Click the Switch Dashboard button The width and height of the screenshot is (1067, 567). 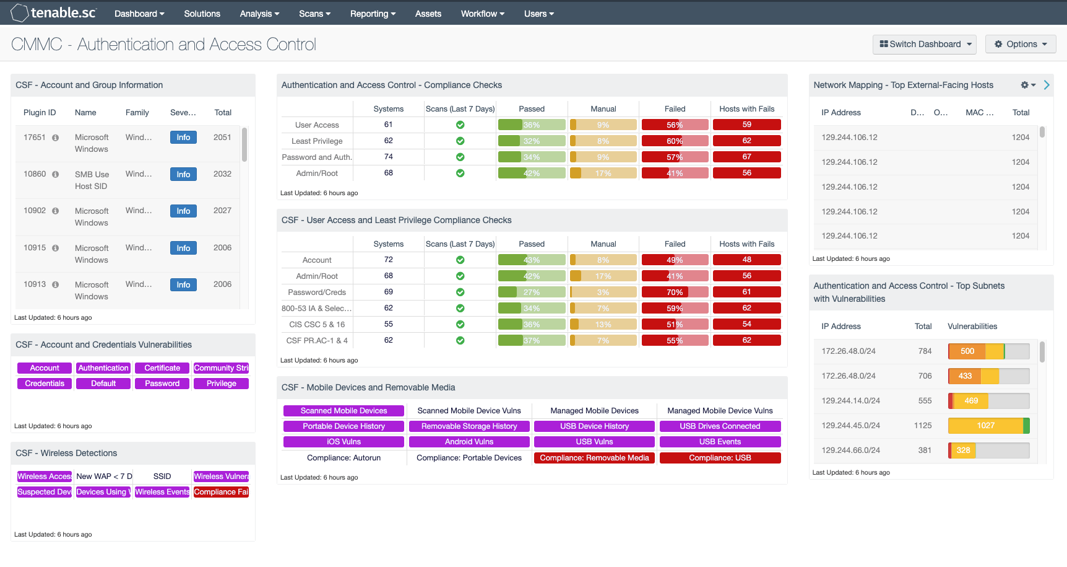(x=924, y=44)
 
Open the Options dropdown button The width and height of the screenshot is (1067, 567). (x=1020, y=44)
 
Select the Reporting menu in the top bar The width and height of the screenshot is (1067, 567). (x=372, y=14)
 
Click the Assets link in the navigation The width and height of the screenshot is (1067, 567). (x=428, y=14)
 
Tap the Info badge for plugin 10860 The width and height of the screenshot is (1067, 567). (x=183, y=174)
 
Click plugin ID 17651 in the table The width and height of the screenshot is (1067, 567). (x=35, y=137)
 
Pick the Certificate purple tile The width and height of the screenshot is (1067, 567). (x=162, y=368)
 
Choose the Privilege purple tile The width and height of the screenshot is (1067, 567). (x=221, y=384)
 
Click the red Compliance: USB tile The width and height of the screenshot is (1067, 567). (x=720, y=458)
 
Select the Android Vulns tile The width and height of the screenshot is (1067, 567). (x=469, y=442)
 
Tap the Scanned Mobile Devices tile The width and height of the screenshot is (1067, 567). (x=343, y=411)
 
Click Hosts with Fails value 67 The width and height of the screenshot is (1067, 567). (x=746, y=157)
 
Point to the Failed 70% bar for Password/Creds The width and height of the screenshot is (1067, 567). (x=675, y=292)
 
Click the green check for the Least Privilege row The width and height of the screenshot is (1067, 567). (x=460, y=141)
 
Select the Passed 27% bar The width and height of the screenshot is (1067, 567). (x=531, y=292)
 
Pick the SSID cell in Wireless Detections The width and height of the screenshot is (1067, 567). (x=162, y=477)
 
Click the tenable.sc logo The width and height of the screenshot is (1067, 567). (x=54, y=13)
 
